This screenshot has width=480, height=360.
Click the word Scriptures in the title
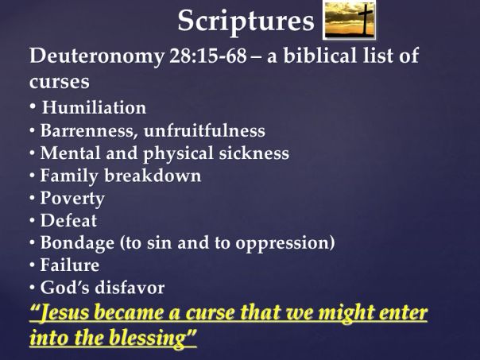coord(246,21)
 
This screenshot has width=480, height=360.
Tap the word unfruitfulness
coord(205,130)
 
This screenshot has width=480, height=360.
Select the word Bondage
coord(75,242)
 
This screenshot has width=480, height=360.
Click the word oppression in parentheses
coord(286,242)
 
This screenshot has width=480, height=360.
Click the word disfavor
coord(130,287)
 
